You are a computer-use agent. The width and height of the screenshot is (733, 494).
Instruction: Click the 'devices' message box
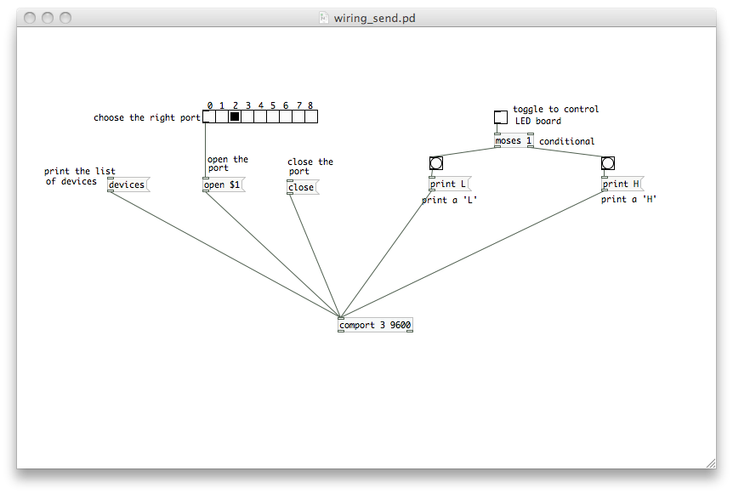pyautogui.click(x=127, y=185)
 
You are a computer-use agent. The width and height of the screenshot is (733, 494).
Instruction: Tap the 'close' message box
pyautogui.click(x=301, y=187)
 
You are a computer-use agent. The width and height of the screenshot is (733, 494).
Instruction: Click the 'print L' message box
pyautogui.click(x=448, y=184)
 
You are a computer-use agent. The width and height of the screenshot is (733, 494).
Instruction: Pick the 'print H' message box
pyautogui.click(x=621, y=184)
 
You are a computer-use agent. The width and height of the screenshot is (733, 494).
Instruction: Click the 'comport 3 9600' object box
pyautogui.click(x=375, y=325)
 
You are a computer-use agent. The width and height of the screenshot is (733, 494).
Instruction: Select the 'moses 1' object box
pyautogui.click(x=513, y=140)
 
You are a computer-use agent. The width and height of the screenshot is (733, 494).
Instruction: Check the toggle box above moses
pyautogui.click(x=501, y=117)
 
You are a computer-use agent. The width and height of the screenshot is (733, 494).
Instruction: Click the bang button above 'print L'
pyautogui.click(x=436, y=163)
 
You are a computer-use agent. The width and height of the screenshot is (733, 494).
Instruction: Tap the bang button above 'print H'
pyautogui.click(x=608, y=163)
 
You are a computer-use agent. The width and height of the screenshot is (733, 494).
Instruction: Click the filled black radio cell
pyautogui.click(x=235, y=117)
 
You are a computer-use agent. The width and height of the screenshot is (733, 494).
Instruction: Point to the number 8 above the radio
pyautogui.click(x=310, y=106)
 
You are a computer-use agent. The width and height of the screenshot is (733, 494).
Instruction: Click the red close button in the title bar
pyautogui.click(x=30, y=18)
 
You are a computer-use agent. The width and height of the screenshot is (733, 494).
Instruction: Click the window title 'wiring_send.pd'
pyautogui.click(x=374, y=18)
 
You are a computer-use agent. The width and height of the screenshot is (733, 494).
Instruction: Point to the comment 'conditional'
pyautogui.click(x=566, y=141)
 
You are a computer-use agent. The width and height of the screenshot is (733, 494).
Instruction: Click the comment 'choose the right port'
pyautogui.click(x=147, y=118)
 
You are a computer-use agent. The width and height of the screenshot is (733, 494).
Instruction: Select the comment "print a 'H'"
pyautogui.click(x=628, y=200)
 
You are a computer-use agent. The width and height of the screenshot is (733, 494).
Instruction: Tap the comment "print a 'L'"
pyautogui.click(x=449, y=201)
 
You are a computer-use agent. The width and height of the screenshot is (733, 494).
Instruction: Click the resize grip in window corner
pyautogui.click(x=710, y=462)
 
